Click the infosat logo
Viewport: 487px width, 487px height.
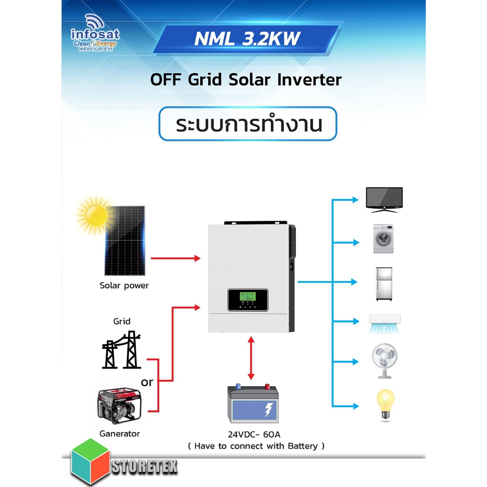(95, 33)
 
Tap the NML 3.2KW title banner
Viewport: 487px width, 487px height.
(247, 39)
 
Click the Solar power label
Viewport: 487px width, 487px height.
(124, 285)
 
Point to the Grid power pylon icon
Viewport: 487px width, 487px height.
(121, 350)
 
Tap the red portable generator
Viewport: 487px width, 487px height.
(120, 406)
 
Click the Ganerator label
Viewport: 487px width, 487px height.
(119, 434)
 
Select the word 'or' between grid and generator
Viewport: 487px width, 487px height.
(147, 382)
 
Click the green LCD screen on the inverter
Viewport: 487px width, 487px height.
(247, 296)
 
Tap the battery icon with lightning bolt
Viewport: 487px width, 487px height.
(253, 403)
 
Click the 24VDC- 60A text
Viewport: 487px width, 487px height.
(254, 434)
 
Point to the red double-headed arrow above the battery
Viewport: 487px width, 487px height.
(251, 358)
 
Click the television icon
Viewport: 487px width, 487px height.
(384, 200)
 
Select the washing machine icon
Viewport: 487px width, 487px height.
(383, 239)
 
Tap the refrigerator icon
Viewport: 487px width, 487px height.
(384, 283)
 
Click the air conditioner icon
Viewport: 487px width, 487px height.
(384, 323)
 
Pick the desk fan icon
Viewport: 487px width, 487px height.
(384, 360)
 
